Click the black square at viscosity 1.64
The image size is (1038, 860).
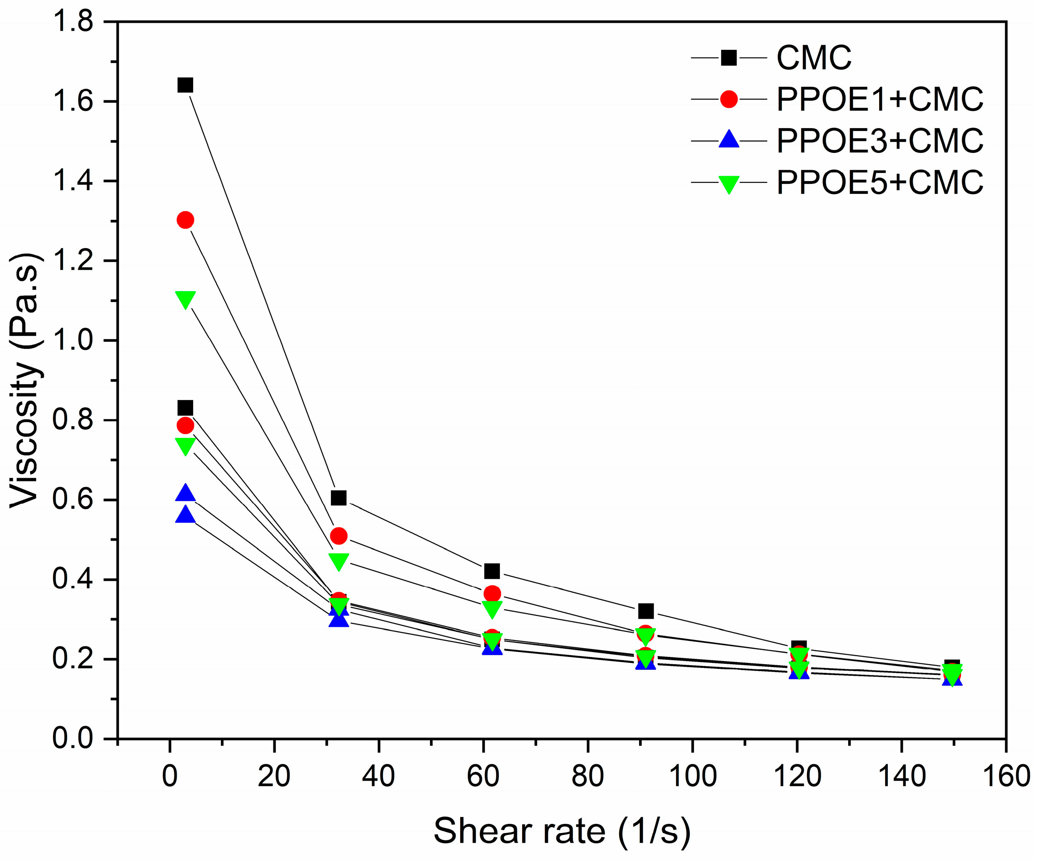coord(185,85)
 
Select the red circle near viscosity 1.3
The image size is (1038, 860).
coord(185,220)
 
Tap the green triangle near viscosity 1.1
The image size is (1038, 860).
coord(185,299)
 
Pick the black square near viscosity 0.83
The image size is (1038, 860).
coord(185,408)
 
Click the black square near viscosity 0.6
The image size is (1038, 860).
coord(339,497)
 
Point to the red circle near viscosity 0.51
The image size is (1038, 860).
coord(339,536)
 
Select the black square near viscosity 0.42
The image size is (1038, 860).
coord(492,571)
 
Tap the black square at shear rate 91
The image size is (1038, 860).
coord(645,611)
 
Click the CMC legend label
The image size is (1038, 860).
coord(813,58)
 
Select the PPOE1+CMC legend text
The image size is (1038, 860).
coord(879,100)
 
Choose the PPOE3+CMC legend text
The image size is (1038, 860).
coord(879,141)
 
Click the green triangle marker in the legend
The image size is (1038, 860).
coord(729,184)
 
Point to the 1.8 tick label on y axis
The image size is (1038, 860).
coord(73,22)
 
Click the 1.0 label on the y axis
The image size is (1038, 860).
coord(73,341)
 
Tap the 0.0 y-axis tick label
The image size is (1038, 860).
coord(73,739)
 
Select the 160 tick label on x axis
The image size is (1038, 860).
coord(1007,777)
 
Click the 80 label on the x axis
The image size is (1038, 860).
coord(588,777)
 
